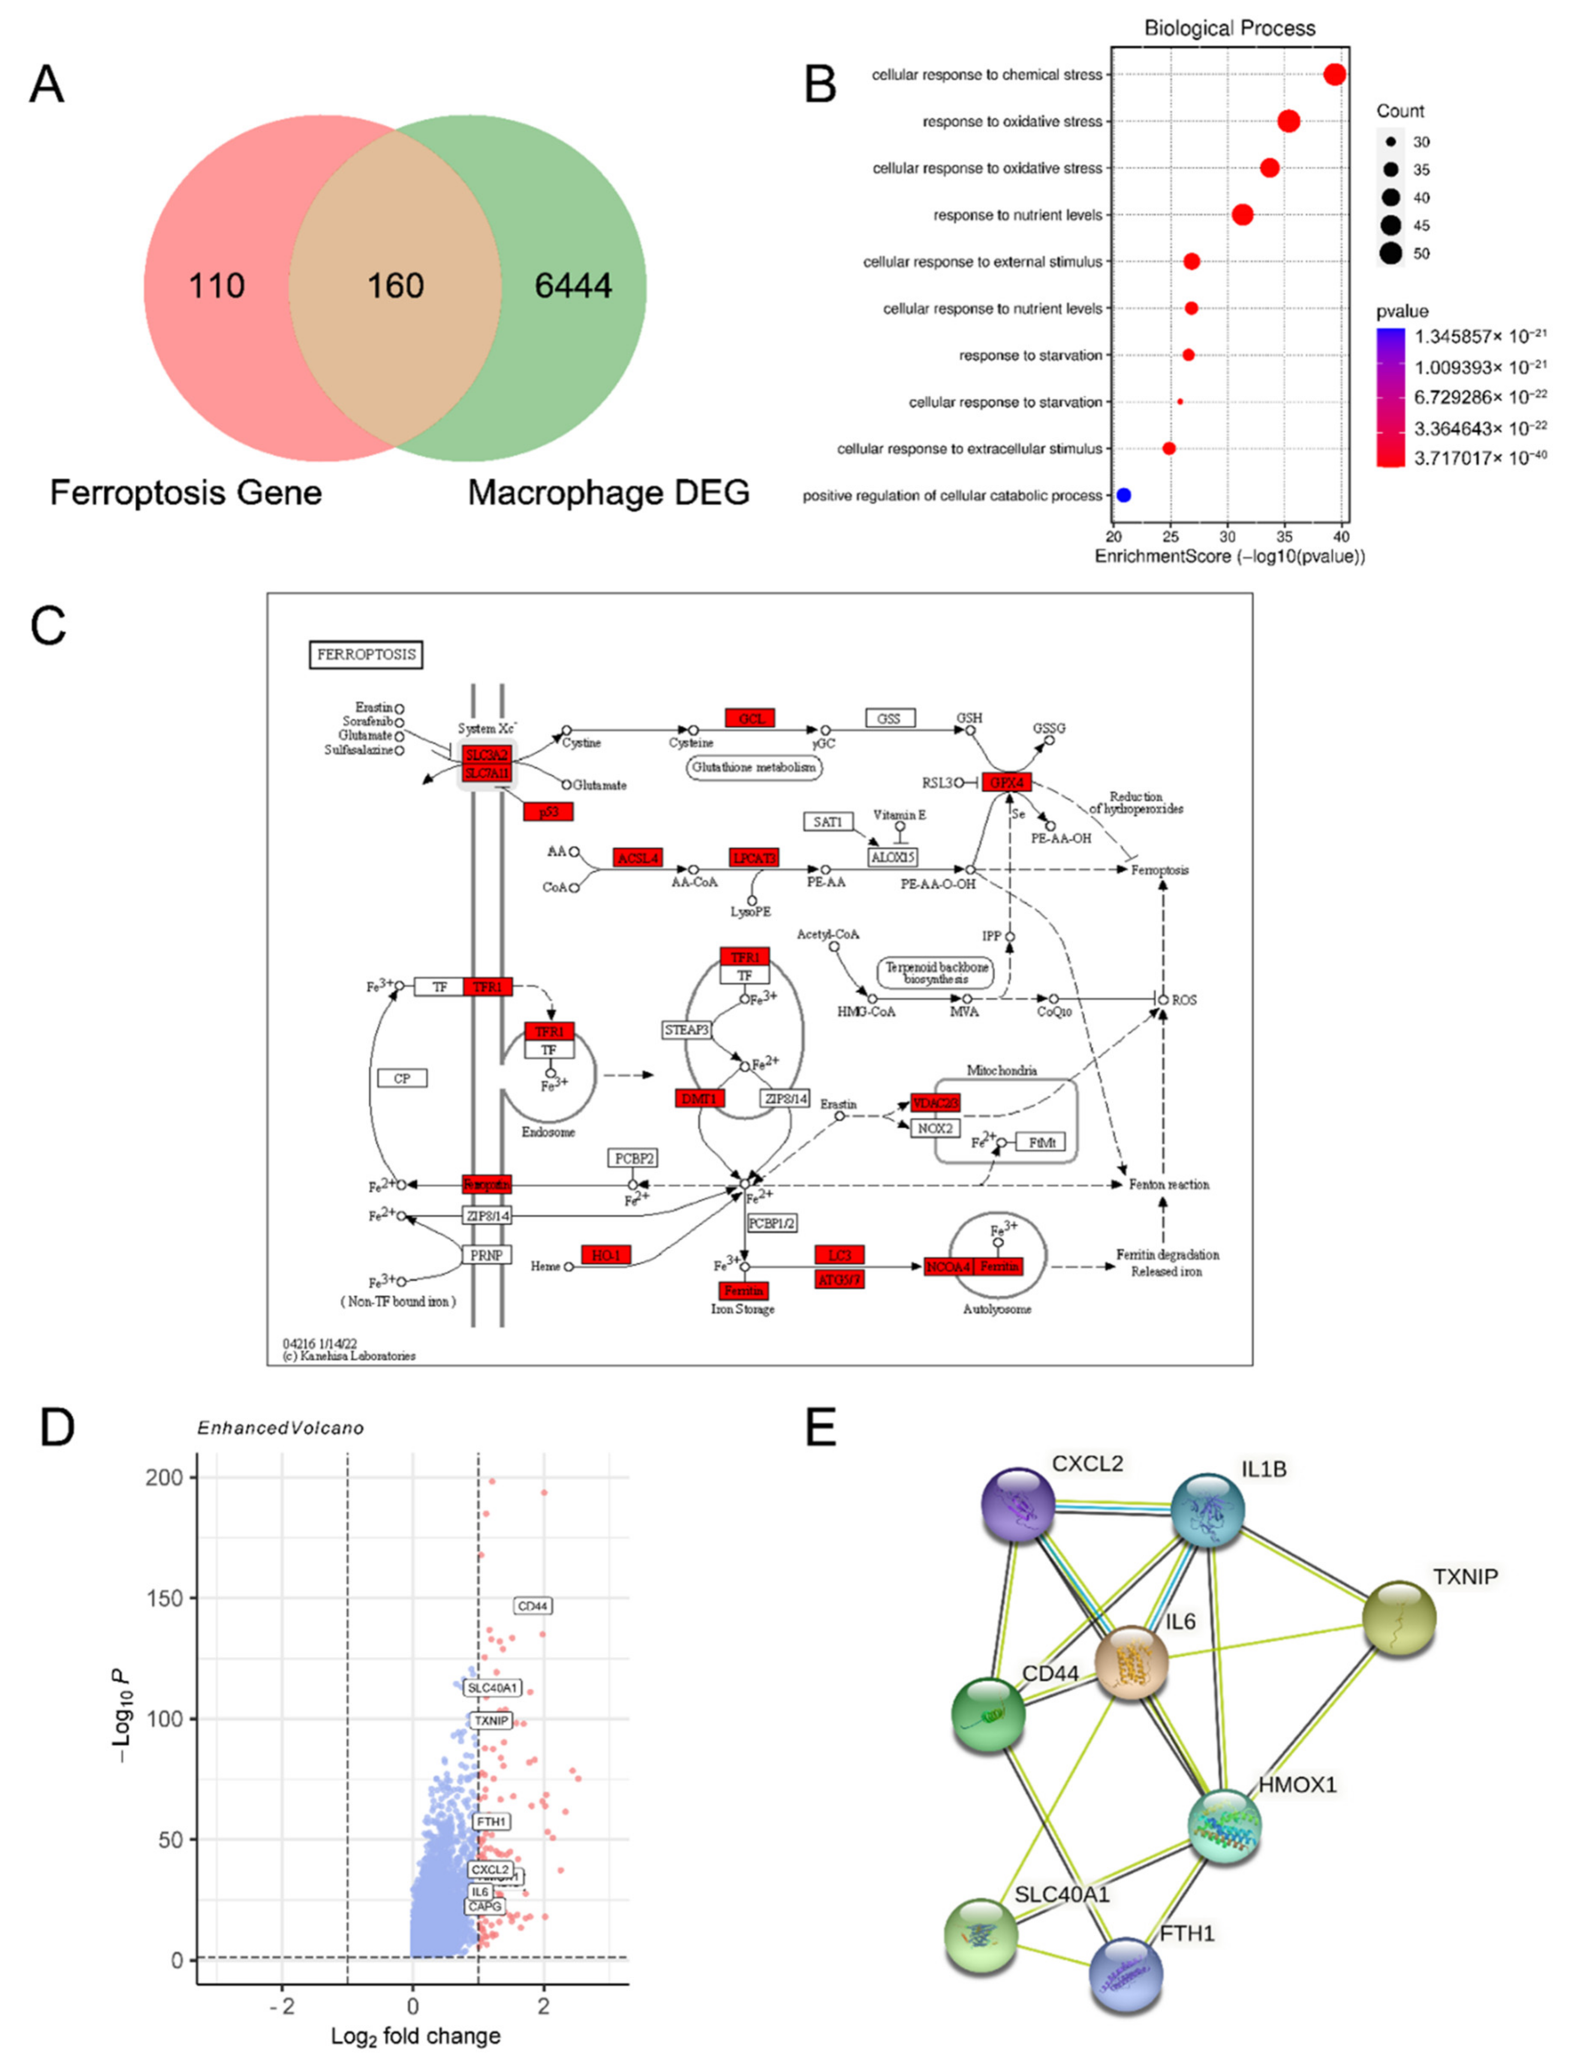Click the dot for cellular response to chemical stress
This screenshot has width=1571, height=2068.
[1334, 75]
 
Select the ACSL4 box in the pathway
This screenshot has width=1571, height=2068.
[638, 857]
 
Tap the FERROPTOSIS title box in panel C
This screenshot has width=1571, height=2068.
[366, 655]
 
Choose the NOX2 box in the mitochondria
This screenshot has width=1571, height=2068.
[935, 1128]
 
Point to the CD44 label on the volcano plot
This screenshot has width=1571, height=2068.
[533, 1606]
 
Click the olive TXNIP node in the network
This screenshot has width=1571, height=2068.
[1399, 1618]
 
